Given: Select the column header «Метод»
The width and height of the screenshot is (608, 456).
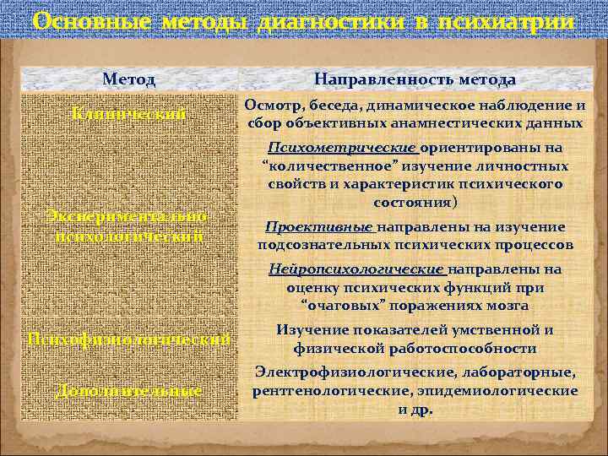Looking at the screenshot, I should pyautogui.click(x=129, y=79).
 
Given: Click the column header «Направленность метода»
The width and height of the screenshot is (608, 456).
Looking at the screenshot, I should pyautogui.click(x=415, y=79).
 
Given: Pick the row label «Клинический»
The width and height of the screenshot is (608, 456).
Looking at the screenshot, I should pyautogui.click(x=129, y=114).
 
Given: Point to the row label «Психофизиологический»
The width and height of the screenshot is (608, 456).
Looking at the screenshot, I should pyautogui.click(x=129, y=339).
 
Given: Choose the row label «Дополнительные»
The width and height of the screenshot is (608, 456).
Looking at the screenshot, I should pyautogui.click(x=129, y=391).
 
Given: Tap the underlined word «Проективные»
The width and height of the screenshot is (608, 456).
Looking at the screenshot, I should pyautogui.click(x=319, y=227).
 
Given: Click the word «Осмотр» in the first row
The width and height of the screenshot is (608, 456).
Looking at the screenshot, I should pyautogui.click(x=272, y=106).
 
